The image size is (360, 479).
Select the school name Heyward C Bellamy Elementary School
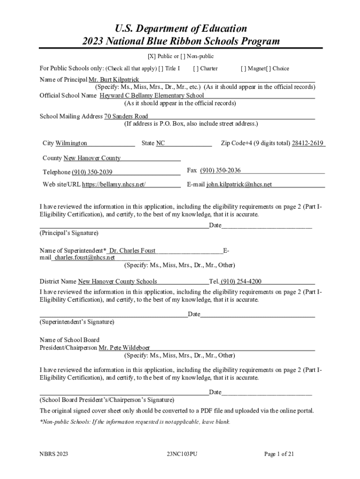[151, 95]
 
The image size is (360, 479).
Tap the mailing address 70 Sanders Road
[126, 116]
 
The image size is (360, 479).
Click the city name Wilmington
[71, 143]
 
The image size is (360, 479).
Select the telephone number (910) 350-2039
[92, 172]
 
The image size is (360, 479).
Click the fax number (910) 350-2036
[220, 170]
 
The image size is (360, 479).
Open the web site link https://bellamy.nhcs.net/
[114, 185]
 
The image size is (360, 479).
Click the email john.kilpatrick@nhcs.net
[239, 185]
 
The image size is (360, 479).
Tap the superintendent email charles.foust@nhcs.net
[84, 257]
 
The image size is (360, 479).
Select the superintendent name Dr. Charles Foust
[132, 251]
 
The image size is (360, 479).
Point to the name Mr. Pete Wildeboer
[124, 348]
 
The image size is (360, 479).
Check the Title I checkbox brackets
[161, 69]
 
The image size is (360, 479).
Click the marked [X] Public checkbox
[151, 57]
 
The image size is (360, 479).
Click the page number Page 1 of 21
[279, 454]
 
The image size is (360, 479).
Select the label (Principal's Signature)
[69, 233]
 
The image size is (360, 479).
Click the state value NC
[160, 143]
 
